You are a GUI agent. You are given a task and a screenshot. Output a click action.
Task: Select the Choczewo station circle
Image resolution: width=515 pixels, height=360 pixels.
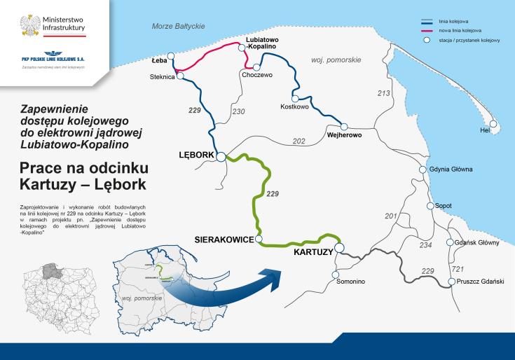pyautogui.click(x=247, y=67)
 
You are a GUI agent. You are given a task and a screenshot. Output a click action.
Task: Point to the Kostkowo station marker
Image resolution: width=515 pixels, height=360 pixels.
pyautogui.click(x=296, y=99)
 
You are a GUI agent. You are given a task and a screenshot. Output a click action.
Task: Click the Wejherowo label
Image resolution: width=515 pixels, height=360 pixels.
pyautogui.click(x=344, y=134)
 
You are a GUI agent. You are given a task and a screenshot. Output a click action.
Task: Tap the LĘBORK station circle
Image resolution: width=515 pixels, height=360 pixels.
pyautogui.click(x=221, y=157)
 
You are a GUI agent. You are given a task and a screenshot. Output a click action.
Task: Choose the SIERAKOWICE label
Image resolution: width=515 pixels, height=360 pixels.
pyautogui.click(x=223, y=240)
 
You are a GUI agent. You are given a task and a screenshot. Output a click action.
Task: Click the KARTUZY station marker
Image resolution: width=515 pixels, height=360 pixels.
pyautogui.click(x=339, y=247)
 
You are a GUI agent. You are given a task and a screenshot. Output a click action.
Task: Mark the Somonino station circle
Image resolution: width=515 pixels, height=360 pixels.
pyautogui.click(x=334, y=271)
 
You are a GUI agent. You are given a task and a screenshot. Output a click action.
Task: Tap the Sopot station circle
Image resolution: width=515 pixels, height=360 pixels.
pyautogui.click(x=431, y=206)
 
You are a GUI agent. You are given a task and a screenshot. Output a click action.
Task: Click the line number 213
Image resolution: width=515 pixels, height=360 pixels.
pyautogui.click(x=383, y=93)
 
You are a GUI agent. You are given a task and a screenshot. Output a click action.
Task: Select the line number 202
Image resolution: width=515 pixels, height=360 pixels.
pyautogui.click(x=299, y=141)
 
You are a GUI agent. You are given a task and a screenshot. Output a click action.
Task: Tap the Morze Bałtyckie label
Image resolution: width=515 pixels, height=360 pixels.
pyautogui.click(x=178, y=26)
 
